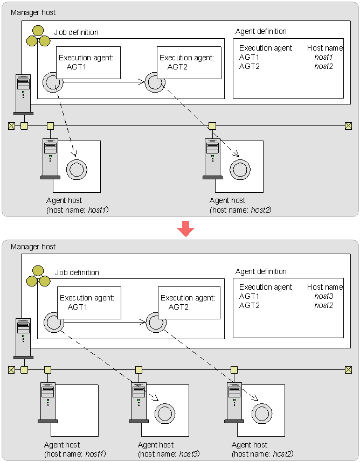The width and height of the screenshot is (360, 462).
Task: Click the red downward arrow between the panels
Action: [x=185, y=228]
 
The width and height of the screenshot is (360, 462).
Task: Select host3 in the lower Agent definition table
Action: [x=324, y=296]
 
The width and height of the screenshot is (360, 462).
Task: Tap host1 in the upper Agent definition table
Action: [x=323, y=57]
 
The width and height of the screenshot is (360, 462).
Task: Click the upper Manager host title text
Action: [x=33, y=12]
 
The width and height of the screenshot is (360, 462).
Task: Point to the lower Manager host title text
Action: [x=33, y=247]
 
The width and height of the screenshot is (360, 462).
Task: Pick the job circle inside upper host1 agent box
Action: [x=77, y=170]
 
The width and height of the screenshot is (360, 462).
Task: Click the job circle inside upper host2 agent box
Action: [x=240, y=170]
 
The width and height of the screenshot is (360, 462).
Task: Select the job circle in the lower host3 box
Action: [x=165, y=414]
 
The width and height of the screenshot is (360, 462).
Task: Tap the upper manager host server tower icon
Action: [x=23, y=95]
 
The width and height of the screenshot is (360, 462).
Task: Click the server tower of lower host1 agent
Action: [x=48, y=403]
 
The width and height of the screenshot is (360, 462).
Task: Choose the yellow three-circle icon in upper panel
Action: [x=38, y=36]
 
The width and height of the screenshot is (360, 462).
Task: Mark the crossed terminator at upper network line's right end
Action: [x=348, y=126]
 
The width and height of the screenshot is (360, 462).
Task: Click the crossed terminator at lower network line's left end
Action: [x=11, y=370]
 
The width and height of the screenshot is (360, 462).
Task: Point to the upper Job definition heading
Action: [x=77, y=32]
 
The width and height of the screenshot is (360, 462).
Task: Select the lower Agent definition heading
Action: [x=261, y=271]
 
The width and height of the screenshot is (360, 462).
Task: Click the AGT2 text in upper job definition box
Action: [x=177, y=67]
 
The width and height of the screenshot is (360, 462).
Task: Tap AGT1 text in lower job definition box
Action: [x=78, y=307]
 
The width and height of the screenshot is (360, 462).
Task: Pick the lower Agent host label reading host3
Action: [x=169, y=449]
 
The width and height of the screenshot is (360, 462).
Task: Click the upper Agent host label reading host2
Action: [x=240, y=205]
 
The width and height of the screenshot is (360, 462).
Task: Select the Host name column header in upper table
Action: [x=325, y=48]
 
